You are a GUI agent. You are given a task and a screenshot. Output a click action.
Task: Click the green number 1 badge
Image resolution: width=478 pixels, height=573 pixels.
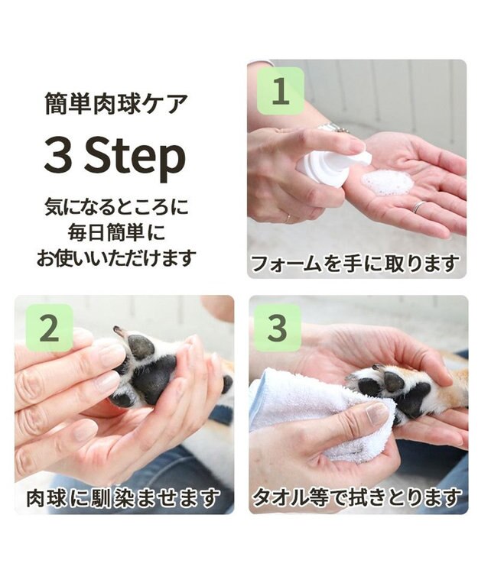click(280, 92)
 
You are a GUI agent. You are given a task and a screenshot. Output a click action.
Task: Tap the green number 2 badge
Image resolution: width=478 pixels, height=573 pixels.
click(49, 328)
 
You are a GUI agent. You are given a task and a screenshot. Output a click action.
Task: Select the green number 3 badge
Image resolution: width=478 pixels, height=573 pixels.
click(278, 328)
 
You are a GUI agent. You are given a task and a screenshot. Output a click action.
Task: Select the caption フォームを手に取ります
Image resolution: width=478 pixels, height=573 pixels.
click(356, 264)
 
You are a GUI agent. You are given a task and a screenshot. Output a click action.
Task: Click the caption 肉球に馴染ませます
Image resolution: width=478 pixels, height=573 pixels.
click(123, 499)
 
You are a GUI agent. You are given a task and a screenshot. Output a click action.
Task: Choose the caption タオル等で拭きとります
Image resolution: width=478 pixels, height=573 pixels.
click(357, 499)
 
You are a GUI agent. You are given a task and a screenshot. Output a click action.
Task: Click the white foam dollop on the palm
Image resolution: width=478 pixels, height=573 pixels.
click(387, 183)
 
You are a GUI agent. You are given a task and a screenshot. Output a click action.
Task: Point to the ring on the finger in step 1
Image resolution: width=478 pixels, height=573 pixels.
click(419, 206)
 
